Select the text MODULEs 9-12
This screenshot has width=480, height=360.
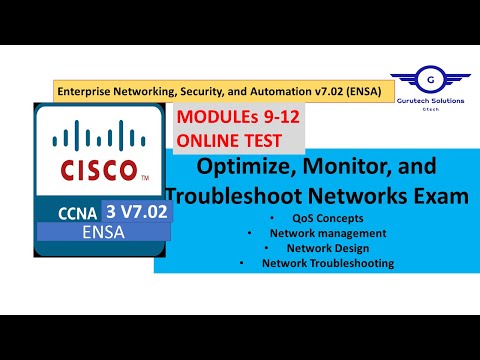point(239,118)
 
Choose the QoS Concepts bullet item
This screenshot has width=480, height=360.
point(325,217)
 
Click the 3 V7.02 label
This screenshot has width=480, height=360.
point(141,211)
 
